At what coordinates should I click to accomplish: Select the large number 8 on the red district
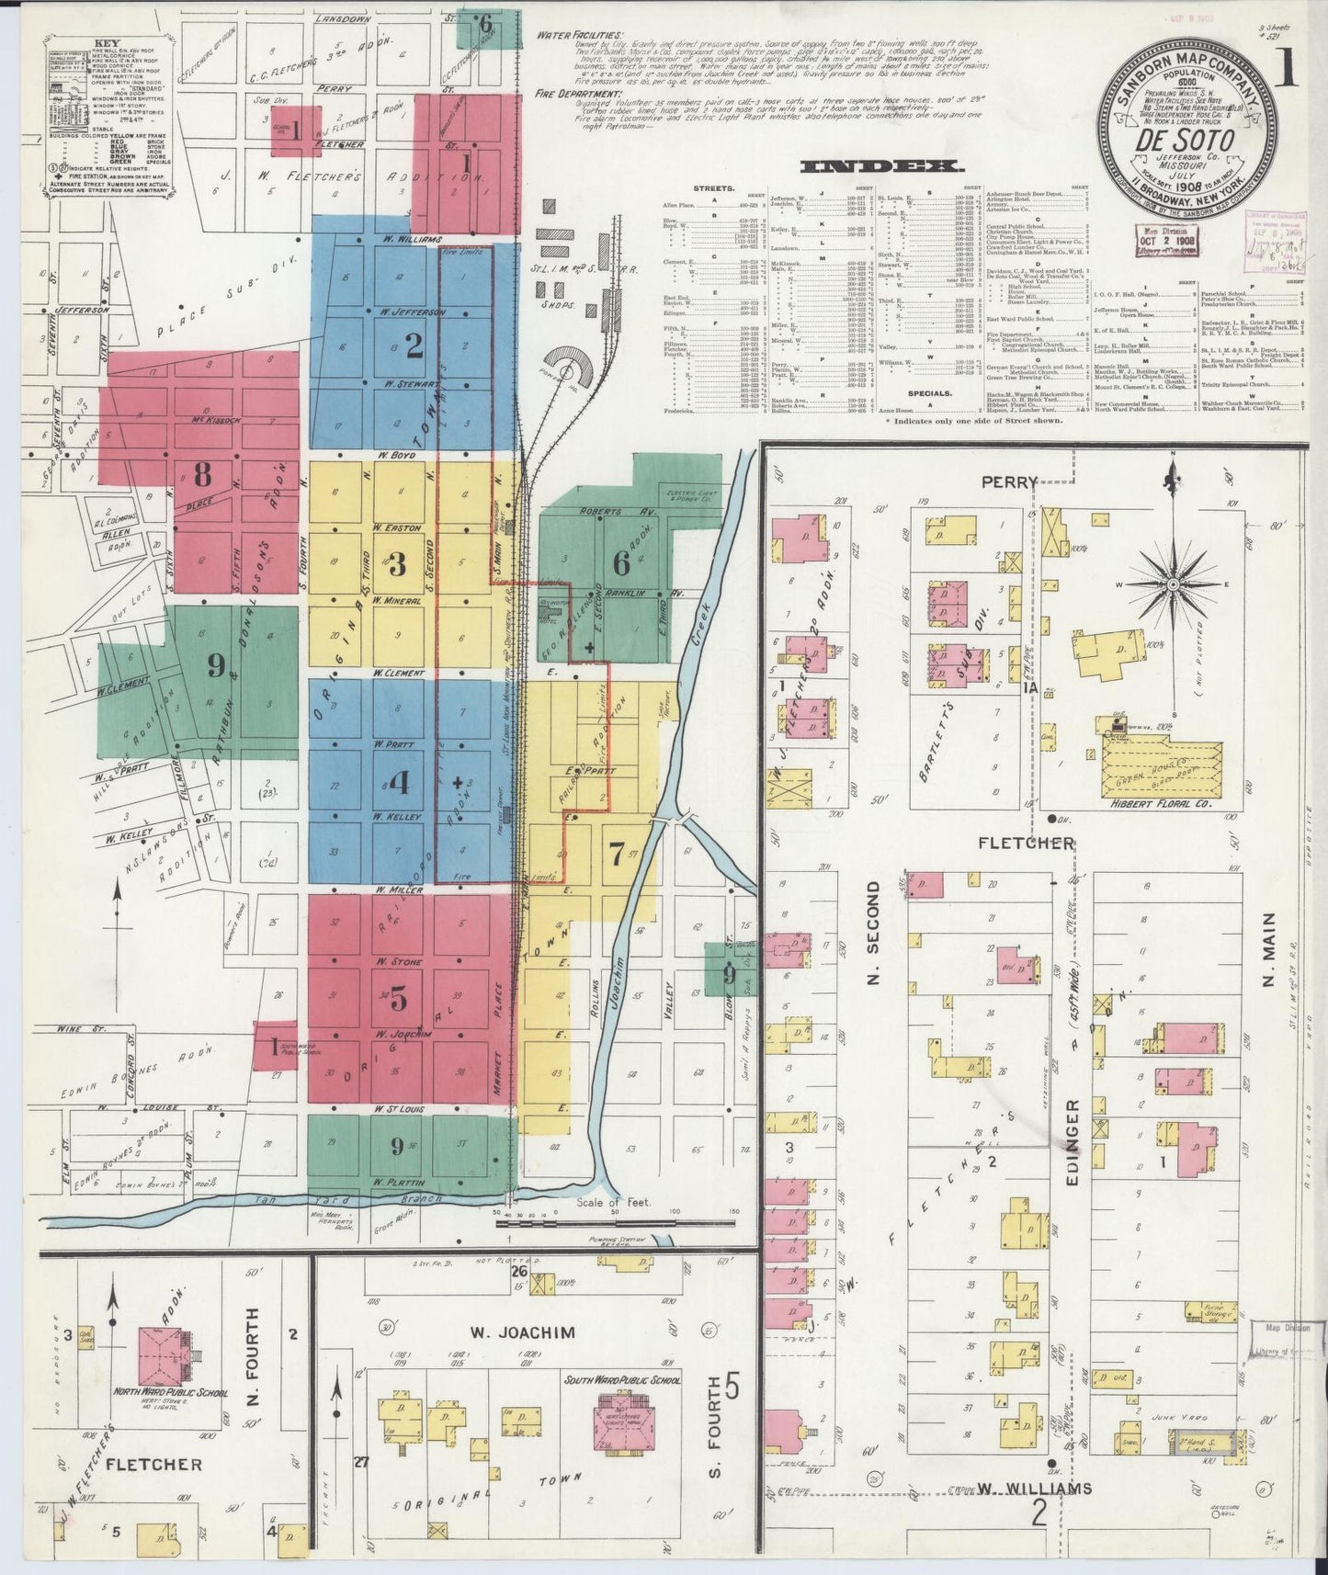click(202, 475)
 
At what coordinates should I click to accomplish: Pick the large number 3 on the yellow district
click(397, 564)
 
